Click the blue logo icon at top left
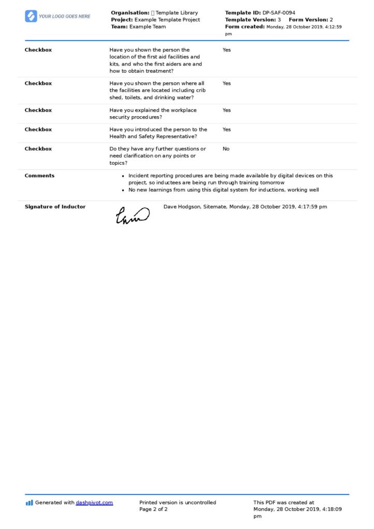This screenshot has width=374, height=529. pyautogui.click(x=31, y=16)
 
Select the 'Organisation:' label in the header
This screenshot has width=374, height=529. pyautogui.click(x=130, y=12)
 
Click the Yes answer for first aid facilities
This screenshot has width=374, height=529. pyautogui.click(x=227, y=50)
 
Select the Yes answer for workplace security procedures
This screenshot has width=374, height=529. pyautogui.click(x=227, y=110)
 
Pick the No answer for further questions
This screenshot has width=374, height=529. pyautogui.click(x=226, y=149)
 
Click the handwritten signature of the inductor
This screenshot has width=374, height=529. pyautogui.click(x=132, y=215)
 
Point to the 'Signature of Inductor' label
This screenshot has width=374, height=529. pyautogui.click(x=55, y=207)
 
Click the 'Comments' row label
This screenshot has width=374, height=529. pyautogui.click(x=39, y=176)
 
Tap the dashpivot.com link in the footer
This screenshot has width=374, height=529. pyautogui.click(x=94, y=502)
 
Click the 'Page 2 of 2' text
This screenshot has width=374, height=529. pyautogui.click(x=154, y=509)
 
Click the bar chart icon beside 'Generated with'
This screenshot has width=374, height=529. pyautogui.click(x=29, y=502)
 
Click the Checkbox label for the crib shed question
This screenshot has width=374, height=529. pyautogui.click(x=38, y=83)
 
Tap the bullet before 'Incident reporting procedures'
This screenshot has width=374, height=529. pyautogui.click(x=123, y=176)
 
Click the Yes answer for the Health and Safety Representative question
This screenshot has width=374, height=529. pyautogui.click(x=227, y=130)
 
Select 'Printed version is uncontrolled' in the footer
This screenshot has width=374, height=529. pyautogui.click(x=177, y=502)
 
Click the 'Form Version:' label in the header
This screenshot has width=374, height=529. pyautogui.click(x=308, y=20)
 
